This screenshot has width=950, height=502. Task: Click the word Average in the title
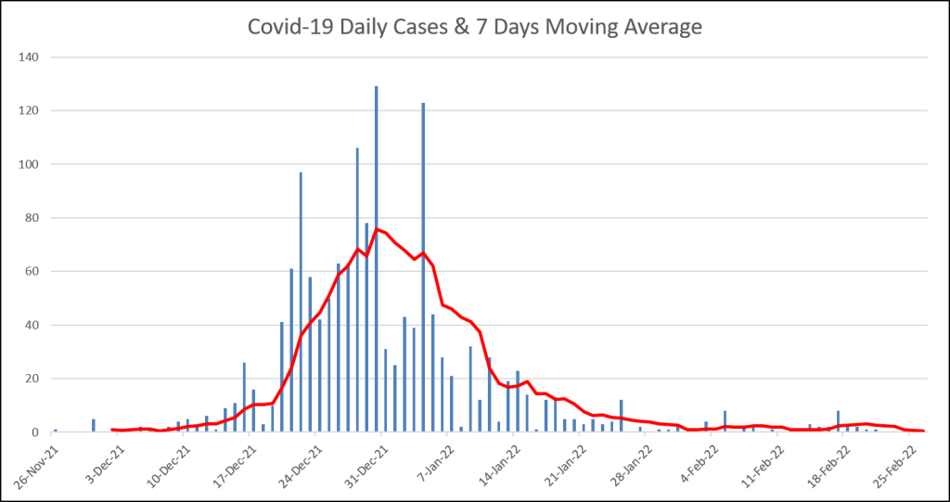tap(659, 28)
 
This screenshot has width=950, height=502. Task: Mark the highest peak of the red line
tap(377, 228)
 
